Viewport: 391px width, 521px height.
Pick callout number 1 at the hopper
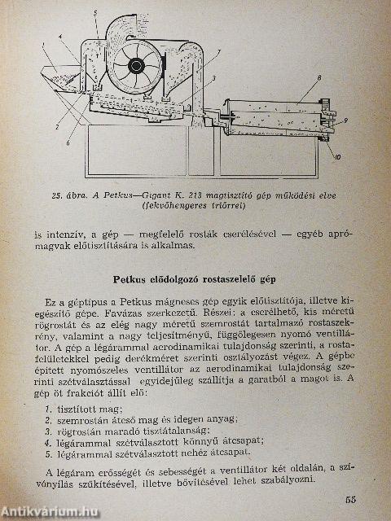(x=33, y=46)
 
